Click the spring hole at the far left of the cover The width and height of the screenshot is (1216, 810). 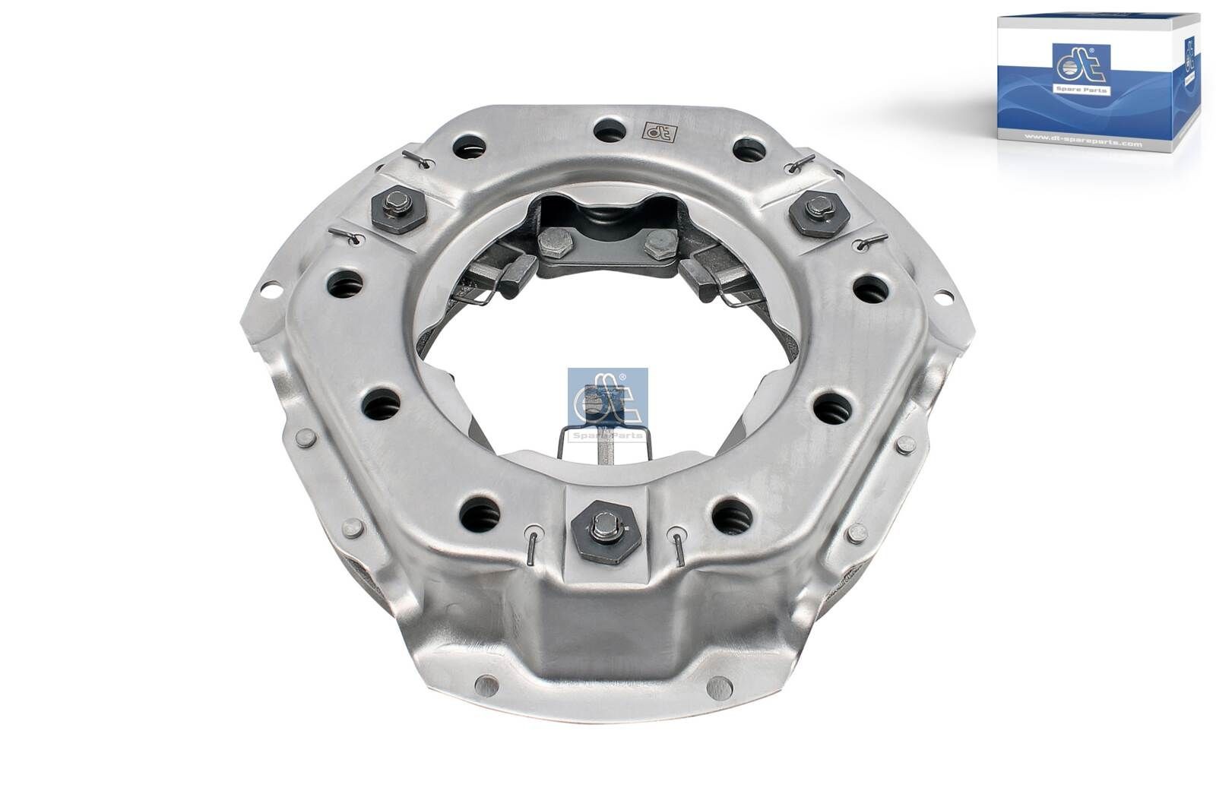(x=344, y=286)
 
